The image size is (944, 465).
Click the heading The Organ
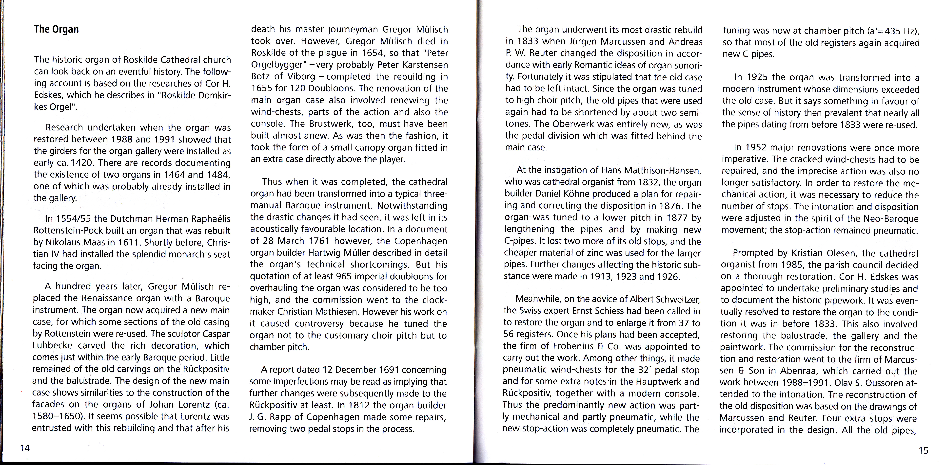coord(56,29)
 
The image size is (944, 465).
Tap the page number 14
coord(25,448)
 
